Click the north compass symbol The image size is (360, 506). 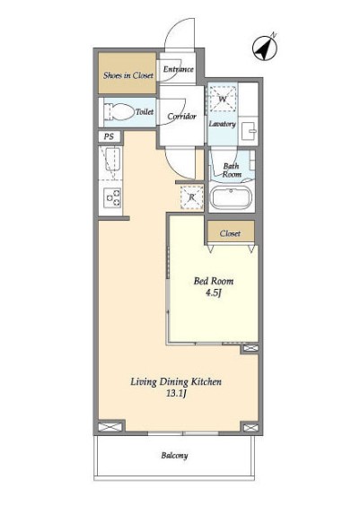[265, 48]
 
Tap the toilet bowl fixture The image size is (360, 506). [119, 112]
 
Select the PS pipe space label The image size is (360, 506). [109, 136]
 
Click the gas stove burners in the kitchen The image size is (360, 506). [112, 197]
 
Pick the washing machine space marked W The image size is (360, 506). [223, 99]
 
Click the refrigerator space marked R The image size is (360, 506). [191, 196]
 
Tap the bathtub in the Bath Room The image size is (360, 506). [231, 197]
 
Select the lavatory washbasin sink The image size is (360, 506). [250, 131]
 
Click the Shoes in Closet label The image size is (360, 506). [128, 75]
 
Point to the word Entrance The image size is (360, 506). [179, 69]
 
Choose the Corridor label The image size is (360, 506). [181, 116]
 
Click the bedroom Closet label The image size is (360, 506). [230, 233]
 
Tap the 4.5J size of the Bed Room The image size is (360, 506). [214, 293]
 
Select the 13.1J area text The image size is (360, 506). [177, 394]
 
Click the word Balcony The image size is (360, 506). [175, 456]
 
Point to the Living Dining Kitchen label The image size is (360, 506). [176, 382]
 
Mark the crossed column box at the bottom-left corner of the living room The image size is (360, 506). [110, 427]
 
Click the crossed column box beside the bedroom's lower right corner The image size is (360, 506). [250, 348]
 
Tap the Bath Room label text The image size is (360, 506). [232, 170]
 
